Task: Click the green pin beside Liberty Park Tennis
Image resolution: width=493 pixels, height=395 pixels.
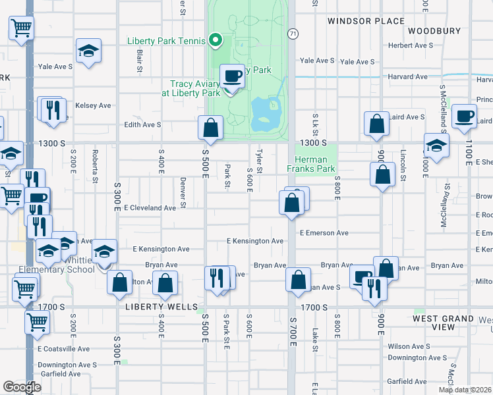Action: [x=215, y=41]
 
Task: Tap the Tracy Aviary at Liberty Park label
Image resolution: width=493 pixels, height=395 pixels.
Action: [x=195, y=88]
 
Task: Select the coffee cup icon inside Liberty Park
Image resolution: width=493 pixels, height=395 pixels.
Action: [x=231, y=76]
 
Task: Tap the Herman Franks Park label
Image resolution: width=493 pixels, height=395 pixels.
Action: [x=311, y=164]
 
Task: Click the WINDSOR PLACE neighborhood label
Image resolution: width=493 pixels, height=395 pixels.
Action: [x=366, y=21]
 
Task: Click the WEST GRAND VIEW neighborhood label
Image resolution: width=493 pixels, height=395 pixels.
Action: [x=443, y=323]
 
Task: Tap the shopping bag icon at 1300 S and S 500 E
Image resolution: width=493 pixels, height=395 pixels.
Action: [x=210, y=128]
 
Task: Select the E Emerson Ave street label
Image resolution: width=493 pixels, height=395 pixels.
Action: [x=324, y=233]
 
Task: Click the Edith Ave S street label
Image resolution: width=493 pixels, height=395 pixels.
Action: [x=143, y=124]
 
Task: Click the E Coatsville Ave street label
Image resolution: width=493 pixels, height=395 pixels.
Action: [x=63, y=349]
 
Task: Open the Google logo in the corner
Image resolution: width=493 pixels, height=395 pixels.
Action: [x=22, y=387]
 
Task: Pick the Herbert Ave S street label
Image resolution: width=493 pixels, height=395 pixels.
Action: [x=411, y=45]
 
